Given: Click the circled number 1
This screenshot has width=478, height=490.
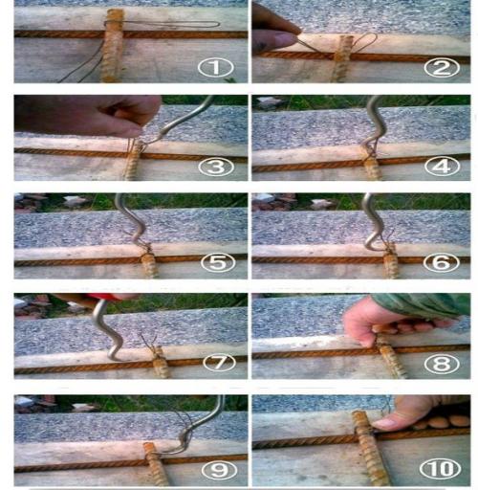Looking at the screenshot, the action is pyautogui.click(x=216, y=68).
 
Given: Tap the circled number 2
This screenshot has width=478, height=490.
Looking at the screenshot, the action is pyautogui.click(x=441, y=68).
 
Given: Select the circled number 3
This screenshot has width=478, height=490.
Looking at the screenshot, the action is pyautogui.click(x=216, y=167).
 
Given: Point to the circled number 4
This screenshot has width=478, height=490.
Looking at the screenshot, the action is pyautogui.click(x=441, y=167).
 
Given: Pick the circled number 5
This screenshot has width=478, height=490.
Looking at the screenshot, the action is pyautogui.click(x=218, y=262).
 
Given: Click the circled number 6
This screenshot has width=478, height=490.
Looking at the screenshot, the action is pyautogui.click(x=441, y=262).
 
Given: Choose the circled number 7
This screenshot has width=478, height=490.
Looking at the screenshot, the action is pyautogui.click(x=219, y=363).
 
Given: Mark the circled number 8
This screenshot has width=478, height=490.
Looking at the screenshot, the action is pyautogui.click(x=441, y=363).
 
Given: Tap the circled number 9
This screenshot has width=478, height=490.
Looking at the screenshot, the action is pyautogui.click(x=219, y=470).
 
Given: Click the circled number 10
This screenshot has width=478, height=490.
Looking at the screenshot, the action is pyautogui.click(x=441, y=469).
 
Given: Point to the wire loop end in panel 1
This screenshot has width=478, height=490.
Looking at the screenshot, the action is pyautogui.click(x=218, y=24).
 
